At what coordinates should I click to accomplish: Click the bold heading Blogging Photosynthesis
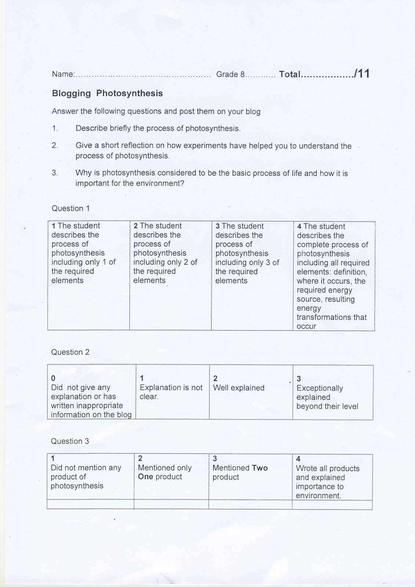click(107, 93)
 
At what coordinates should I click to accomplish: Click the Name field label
click(63, 74)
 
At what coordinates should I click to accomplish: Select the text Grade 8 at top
click(230, 74)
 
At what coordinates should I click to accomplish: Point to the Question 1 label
click(70, 208)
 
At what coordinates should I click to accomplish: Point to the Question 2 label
click(70, 352)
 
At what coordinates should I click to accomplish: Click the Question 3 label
click(70, 441)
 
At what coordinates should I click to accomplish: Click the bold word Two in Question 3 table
click(260, 468)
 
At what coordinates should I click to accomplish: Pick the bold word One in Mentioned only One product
click(146, 477)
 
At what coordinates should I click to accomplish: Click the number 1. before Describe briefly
click(55, 128)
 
